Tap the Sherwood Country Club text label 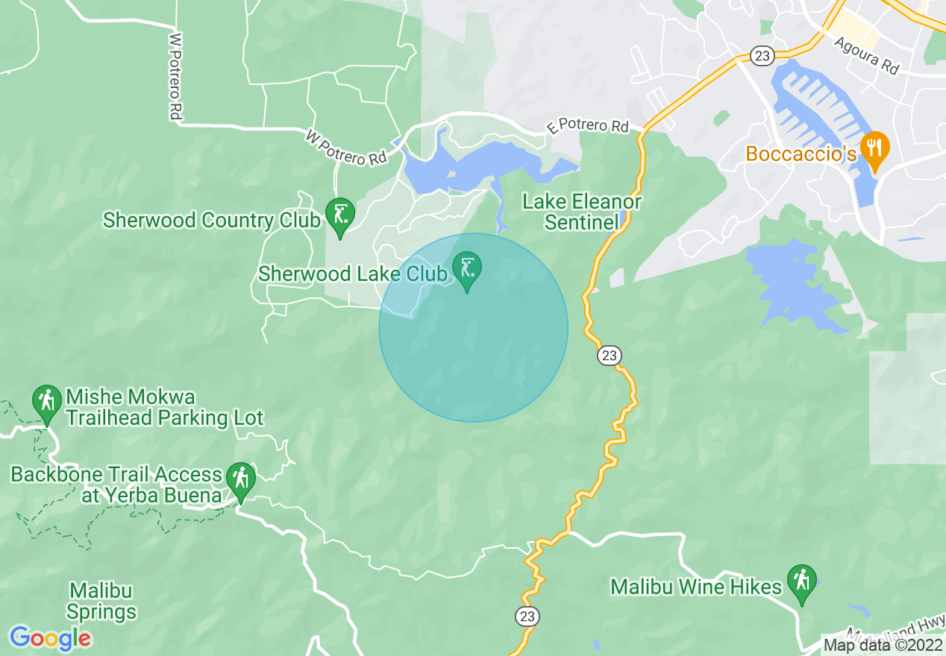pyautogui.click(x=212, y=221)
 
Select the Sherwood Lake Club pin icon pyautogui.click(x=467, y=269)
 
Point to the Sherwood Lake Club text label pyautogui.click(x=352, y=274)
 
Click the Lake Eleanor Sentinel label pyautogui.click(x=581, y=212)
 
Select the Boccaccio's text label pyautogui.click(x=801, y=154)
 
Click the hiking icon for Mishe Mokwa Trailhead pyautogui.click(x=47, y=402)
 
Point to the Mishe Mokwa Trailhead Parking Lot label pyautogui.click(x=164, y=407)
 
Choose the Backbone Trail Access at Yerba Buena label pyautogui.click(x=116, y=485)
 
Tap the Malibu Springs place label pyautogui.click(x=101, y=602)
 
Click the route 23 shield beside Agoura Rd pyautogui.click(x=762, y=55)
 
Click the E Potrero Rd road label pyautogui.click(x=588, y=126)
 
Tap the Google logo pyautogui.click(x=50, y=638)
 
